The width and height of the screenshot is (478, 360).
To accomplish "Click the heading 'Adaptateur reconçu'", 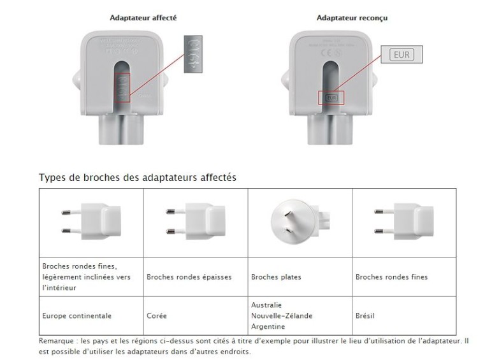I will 352,18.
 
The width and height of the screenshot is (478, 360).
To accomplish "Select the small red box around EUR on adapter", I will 331,98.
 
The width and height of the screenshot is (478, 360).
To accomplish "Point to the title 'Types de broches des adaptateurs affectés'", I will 138,178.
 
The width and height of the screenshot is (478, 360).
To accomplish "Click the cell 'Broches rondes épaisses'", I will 189,277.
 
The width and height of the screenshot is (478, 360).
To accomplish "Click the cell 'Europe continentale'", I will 76,315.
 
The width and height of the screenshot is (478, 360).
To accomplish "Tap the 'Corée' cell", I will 157,315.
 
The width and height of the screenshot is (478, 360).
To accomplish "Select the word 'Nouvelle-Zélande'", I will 282,315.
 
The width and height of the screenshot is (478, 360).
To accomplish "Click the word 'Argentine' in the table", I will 268,326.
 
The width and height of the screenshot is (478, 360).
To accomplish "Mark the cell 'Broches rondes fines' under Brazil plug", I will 391,277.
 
